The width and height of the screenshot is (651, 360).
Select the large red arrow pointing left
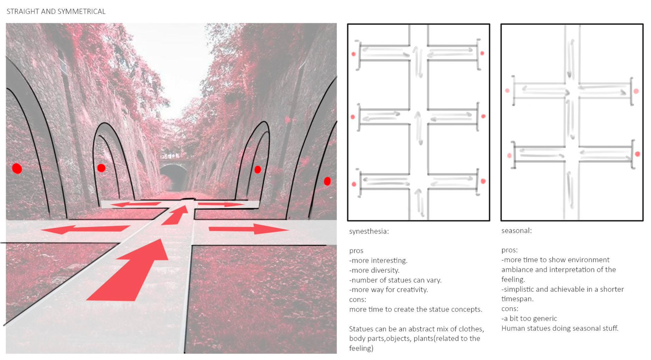[x=86, y=229]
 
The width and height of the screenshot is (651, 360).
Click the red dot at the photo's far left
[x=17, y=168]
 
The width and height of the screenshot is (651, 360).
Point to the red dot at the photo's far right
[x=327, y=181]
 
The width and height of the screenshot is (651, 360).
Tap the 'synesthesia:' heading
[x=369, y=231]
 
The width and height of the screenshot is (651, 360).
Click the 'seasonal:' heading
[x=516, y=231]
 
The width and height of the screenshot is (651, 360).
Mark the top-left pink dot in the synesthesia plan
[x=353, y=54]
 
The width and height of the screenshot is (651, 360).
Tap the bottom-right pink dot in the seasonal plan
[x=637, y=154]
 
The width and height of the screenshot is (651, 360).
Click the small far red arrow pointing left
[x=136, y=204]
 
